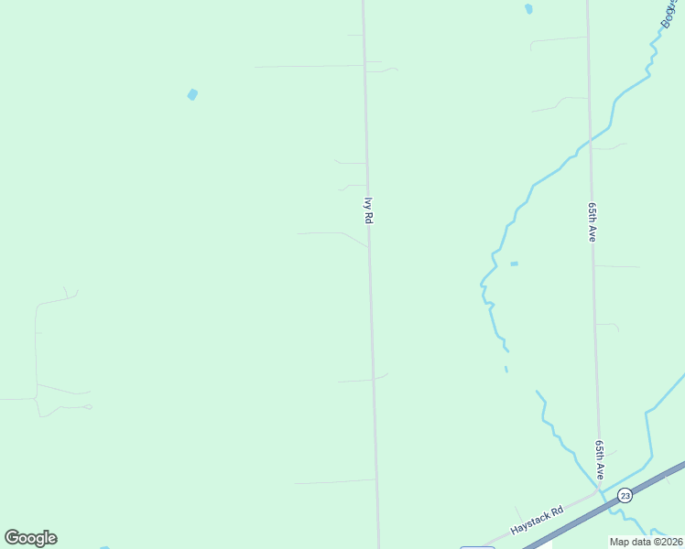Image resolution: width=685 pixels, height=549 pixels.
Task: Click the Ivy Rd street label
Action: coord(369,211)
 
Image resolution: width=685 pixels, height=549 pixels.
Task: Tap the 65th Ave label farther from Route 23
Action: coord(593,222)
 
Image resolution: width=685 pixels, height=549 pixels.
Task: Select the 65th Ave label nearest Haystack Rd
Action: coord(599,459)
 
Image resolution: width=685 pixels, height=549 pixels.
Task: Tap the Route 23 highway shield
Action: coord(625,495)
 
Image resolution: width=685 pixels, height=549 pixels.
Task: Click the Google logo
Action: coord(30,538)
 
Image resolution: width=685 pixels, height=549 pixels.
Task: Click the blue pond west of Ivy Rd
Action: coord(192,94)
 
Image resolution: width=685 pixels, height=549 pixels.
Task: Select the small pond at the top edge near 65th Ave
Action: coord(528,9)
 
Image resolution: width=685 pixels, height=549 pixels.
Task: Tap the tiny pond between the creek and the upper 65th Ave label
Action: coord(514,264)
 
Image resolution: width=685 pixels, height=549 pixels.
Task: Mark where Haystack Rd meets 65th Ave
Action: coord(600,491)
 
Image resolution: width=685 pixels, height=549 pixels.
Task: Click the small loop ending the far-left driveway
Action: coord(88,406)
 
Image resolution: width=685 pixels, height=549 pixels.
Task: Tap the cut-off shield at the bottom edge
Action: coord(477,547)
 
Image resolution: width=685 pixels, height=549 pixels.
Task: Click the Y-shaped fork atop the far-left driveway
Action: coord(67,295)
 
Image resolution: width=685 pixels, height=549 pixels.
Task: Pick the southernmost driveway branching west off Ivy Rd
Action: coord(334,481)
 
